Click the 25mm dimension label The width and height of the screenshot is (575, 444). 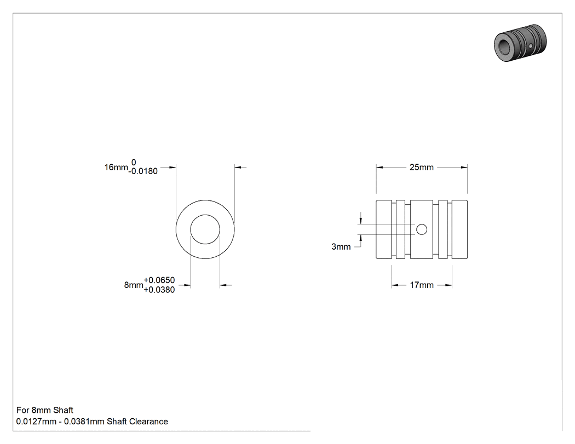point(421,167)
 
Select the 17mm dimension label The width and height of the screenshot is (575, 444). point(421,285)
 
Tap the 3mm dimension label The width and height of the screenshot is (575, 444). point(341,247)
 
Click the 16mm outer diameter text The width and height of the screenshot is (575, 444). point(116,167)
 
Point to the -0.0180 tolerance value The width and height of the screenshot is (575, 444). point(143,171)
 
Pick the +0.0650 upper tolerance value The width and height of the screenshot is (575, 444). point(159,280)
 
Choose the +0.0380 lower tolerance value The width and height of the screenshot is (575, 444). point(159,290)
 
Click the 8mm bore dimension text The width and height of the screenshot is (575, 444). point(134,285)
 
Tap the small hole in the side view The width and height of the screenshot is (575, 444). point(422,229)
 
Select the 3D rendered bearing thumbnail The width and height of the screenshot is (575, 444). point(520,43)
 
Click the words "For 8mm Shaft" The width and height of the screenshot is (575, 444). point(45,410)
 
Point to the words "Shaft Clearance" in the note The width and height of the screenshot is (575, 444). point(137,422)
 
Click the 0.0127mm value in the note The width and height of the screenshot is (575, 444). point(36,422)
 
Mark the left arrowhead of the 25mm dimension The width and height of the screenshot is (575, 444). point(379,168)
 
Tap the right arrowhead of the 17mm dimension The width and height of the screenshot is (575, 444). point(449,285)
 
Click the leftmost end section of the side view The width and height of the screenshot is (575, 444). point(384,229)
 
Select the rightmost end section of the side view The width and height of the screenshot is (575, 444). point(459,229)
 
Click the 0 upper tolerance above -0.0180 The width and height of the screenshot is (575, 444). point(134,163)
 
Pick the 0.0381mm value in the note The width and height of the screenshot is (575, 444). point(84,422)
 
